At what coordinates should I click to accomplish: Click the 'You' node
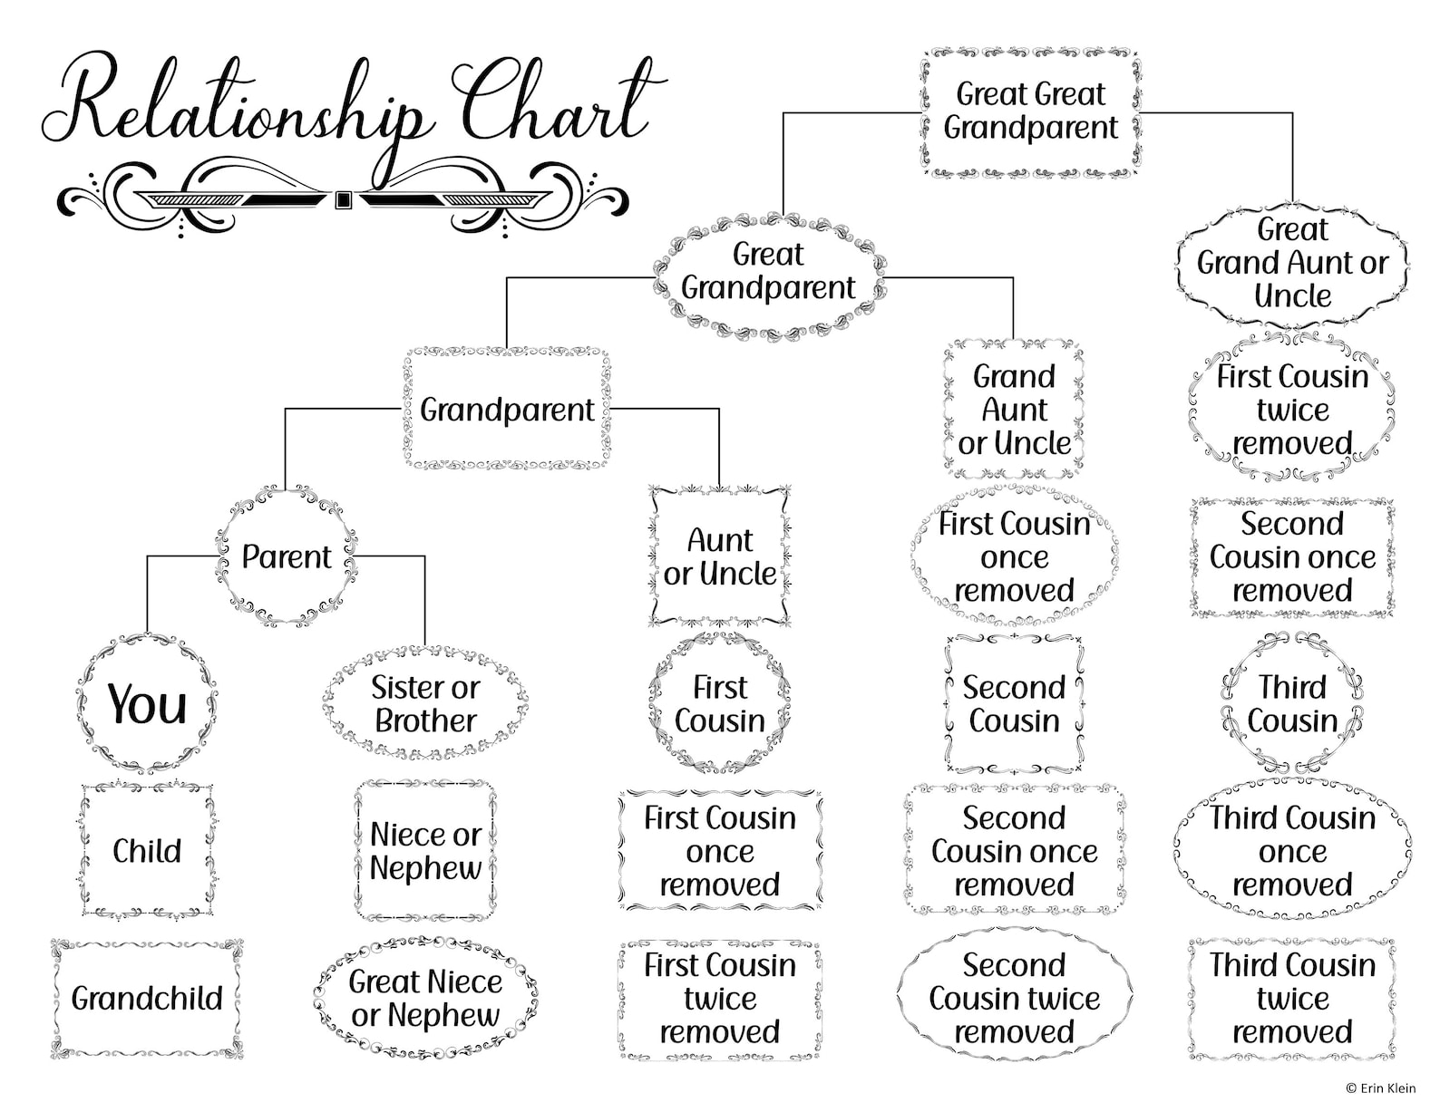[147, 703]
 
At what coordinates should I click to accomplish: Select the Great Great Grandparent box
[1031, 111]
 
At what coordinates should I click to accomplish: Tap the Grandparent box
[507, 410]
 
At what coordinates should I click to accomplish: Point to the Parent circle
[287, 556]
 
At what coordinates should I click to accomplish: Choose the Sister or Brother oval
[425, 704]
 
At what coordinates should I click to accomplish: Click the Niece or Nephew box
[425, 851]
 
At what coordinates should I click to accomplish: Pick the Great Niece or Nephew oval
[425, 999]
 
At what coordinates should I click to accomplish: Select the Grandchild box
[147, 999]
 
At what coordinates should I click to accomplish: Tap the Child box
[147, 851]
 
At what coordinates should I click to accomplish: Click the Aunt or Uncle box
[720, 556]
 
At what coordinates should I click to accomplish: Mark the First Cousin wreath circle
[720, 704]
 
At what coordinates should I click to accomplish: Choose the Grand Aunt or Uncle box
[1014, 410]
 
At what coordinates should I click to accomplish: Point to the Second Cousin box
[1014, 704]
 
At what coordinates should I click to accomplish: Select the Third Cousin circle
[1292, 704]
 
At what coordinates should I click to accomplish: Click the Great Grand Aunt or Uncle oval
[1292, 263]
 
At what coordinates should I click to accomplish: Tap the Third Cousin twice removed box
[1292, 999]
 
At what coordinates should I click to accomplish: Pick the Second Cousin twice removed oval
[1014, 999]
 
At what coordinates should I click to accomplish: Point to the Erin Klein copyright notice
[1379, 1088]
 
